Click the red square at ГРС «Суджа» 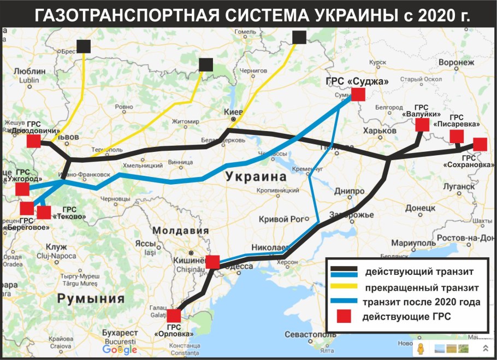point(358,94)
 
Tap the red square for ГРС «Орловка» point(174,316)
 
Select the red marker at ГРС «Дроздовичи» point(34,141)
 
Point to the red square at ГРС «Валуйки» point(422,125)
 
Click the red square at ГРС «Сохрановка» point(480,144)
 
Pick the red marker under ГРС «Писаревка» point(457,137)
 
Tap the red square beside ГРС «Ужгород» point(22,189)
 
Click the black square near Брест point(84,46)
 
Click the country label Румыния point(91,299)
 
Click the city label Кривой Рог point(280,219)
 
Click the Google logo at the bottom point(120,350)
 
